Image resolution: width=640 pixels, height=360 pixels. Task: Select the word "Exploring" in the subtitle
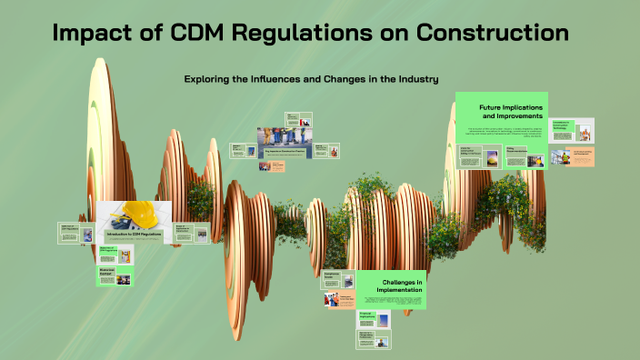coord(211,79)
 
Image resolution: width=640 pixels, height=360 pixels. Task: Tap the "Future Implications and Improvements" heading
coord(512,112)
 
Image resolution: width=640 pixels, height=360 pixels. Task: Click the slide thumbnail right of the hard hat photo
coord(192,233)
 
